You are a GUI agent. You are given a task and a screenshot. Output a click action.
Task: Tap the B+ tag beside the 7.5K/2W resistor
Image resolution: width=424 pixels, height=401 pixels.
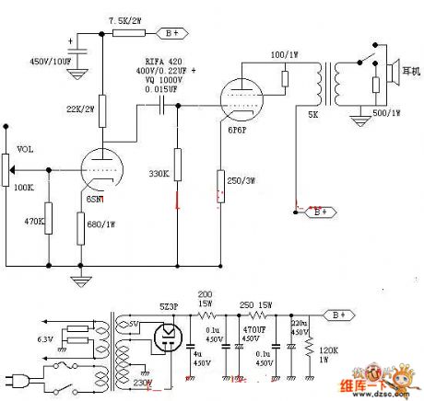pos(172,34)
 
